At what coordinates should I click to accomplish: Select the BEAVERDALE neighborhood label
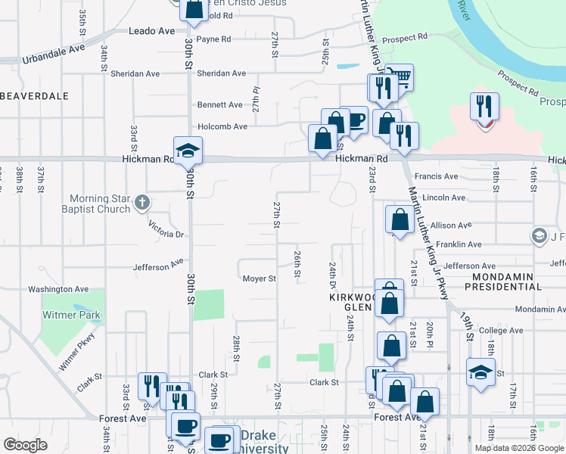tap(35, 96)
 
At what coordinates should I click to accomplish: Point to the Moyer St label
tap(259, 278)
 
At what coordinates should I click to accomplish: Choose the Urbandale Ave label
tap(54, 53)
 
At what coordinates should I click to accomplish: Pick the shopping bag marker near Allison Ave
tap(400, 219)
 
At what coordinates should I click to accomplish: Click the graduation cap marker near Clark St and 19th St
tap(480, 372)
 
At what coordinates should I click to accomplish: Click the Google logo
tap(26, 444)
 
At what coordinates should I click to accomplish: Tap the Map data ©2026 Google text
tap(519, 448)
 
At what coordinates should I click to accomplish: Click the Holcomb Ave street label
tap(222, 126)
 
